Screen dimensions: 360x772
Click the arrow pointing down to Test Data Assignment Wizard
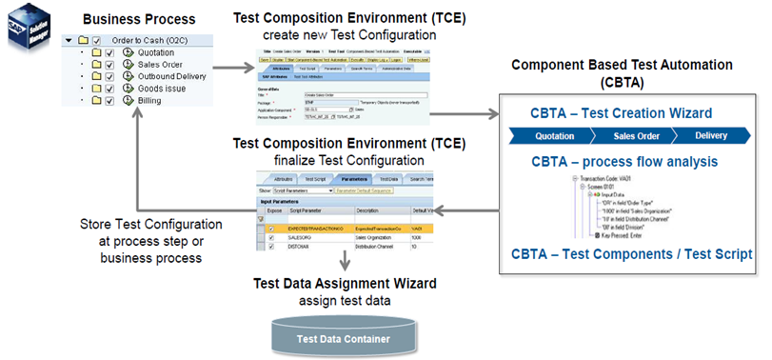tap(343, 260)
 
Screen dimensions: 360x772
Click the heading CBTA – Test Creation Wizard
tap(623, 113)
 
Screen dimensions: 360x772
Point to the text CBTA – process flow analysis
tap(624, 162)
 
